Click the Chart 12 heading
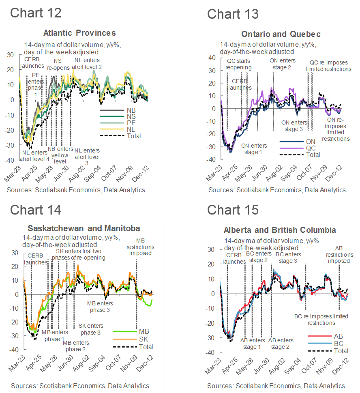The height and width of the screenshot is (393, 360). pyautogui.click(x=36, y=13)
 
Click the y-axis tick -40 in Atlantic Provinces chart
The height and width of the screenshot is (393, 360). pyautogui.click(x=9, y=160)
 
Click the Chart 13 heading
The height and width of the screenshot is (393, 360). pyautogui.click(x=233, y=14)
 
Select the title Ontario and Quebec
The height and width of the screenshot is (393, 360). pyautogui.click(x=281, y=34)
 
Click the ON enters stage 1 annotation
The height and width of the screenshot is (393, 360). pyautogui.click(x=254, y=149)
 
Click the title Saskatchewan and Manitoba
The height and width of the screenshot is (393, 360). pyautogui.click(x=84, y=228)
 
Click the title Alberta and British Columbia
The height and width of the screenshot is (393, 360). pyautogui.click(x=280, y=230)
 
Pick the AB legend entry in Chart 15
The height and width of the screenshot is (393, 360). pyautogui.click(x=338, y=336)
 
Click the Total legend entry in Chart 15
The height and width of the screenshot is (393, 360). pyautogui.click(x=341, y=351)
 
